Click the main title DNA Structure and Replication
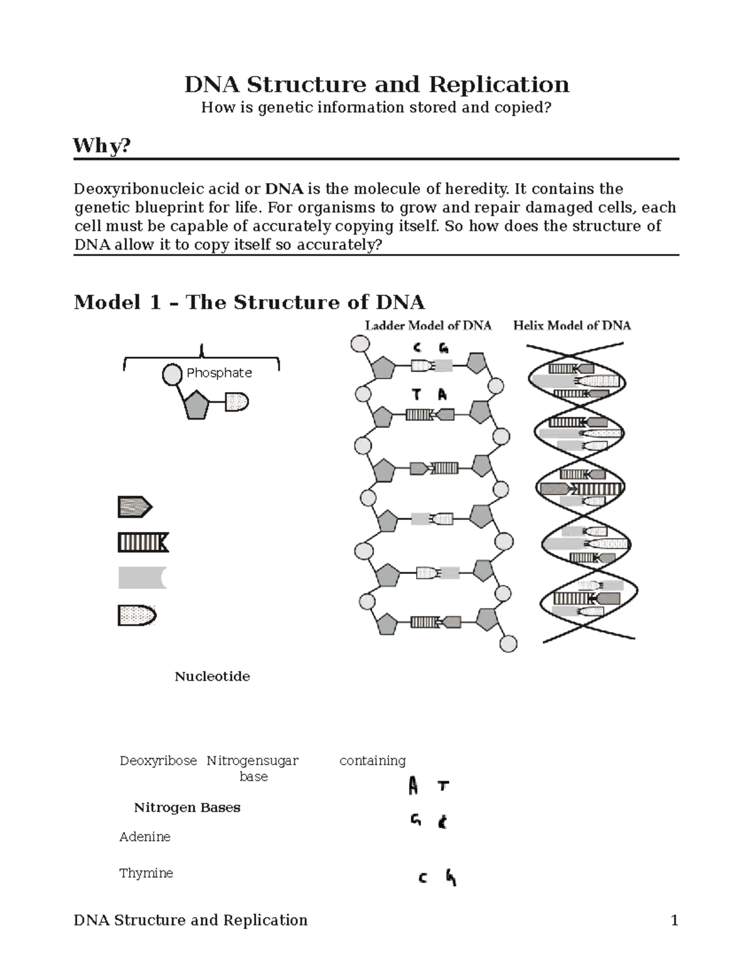coord(376,85)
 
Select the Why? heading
coord(102,146)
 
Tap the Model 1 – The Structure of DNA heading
coord(249,302)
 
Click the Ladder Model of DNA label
coord(428,326)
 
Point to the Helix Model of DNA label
coord(572,326)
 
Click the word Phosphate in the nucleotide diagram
coord(219,373)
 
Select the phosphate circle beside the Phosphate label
coord(172,374)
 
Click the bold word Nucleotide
coord(212,676)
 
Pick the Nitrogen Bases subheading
coord(187,807)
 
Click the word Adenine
coord(145,837)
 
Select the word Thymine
coord(146,873)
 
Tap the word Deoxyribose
coord(158,761)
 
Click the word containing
coord(372,761)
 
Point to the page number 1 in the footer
coord(675,920)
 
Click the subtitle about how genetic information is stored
coord(376,108)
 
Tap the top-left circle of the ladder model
coord(360,345)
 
